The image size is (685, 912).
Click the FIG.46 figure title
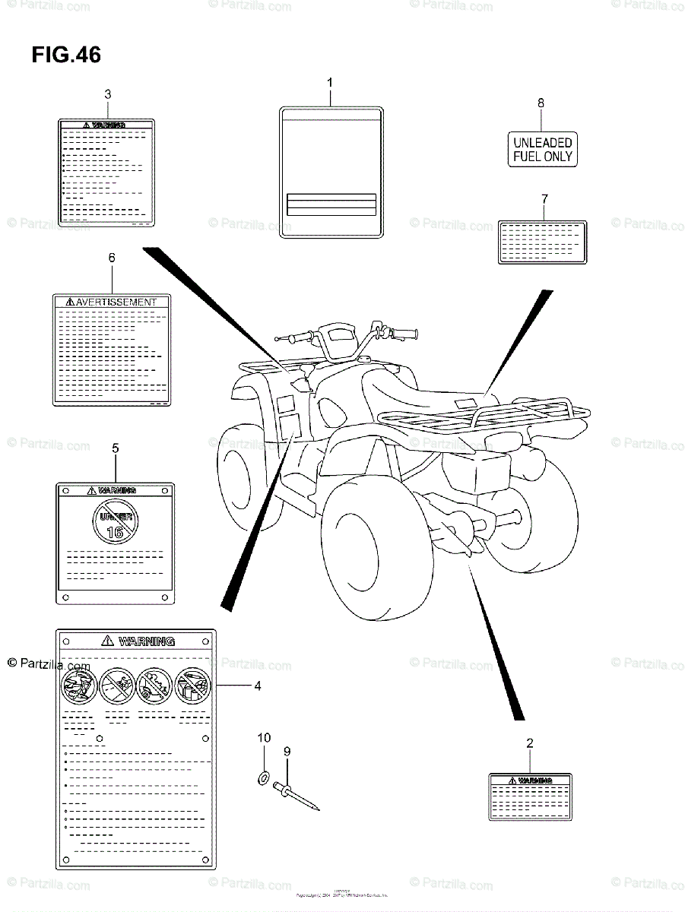point(66,55)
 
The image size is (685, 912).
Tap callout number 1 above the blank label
point(330,81)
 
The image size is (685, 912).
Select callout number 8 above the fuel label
point(541,103)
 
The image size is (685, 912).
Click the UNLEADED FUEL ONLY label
point(541,149)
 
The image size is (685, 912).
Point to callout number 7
point(544,199)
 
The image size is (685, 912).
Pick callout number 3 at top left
point(107,94)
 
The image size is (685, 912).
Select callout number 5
point(115,448)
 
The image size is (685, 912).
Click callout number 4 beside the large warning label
point(258,686)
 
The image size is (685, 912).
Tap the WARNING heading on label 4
point(144,641)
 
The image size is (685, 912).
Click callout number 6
point(111,258)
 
